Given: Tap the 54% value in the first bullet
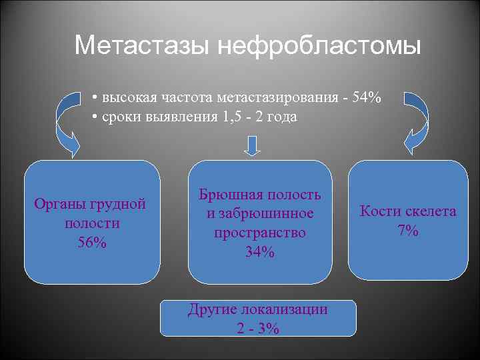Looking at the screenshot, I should coord(367,98).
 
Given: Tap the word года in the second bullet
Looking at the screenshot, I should coord(281,117).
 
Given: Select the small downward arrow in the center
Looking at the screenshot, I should coord(252,145).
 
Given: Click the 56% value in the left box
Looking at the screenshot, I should coord(92,242).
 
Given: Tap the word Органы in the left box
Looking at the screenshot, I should coord(59,204).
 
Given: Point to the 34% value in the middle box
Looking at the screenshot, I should coord(259,252).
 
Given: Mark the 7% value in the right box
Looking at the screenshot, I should coord(408,231).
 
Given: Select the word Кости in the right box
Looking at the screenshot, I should coord(379,211).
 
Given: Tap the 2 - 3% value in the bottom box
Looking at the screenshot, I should coord(258,328).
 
